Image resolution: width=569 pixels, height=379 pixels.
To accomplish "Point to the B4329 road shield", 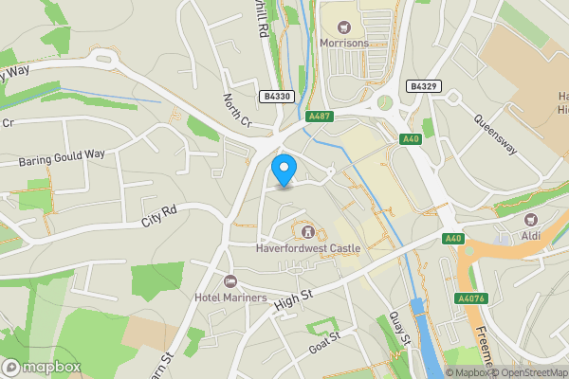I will pos(423,86).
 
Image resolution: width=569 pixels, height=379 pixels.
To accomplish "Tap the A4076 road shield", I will pos(470,298).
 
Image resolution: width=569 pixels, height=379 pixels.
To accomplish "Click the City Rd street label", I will pos(159,216).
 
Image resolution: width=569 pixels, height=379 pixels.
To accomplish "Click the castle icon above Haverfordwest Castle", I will pos(307,230).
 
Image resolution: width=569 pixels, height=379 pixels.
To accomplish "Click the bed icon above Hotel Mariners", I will pos(229,281).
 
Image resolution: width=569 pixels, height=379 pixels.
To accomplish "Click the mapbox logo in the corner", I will pos(42,367).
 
